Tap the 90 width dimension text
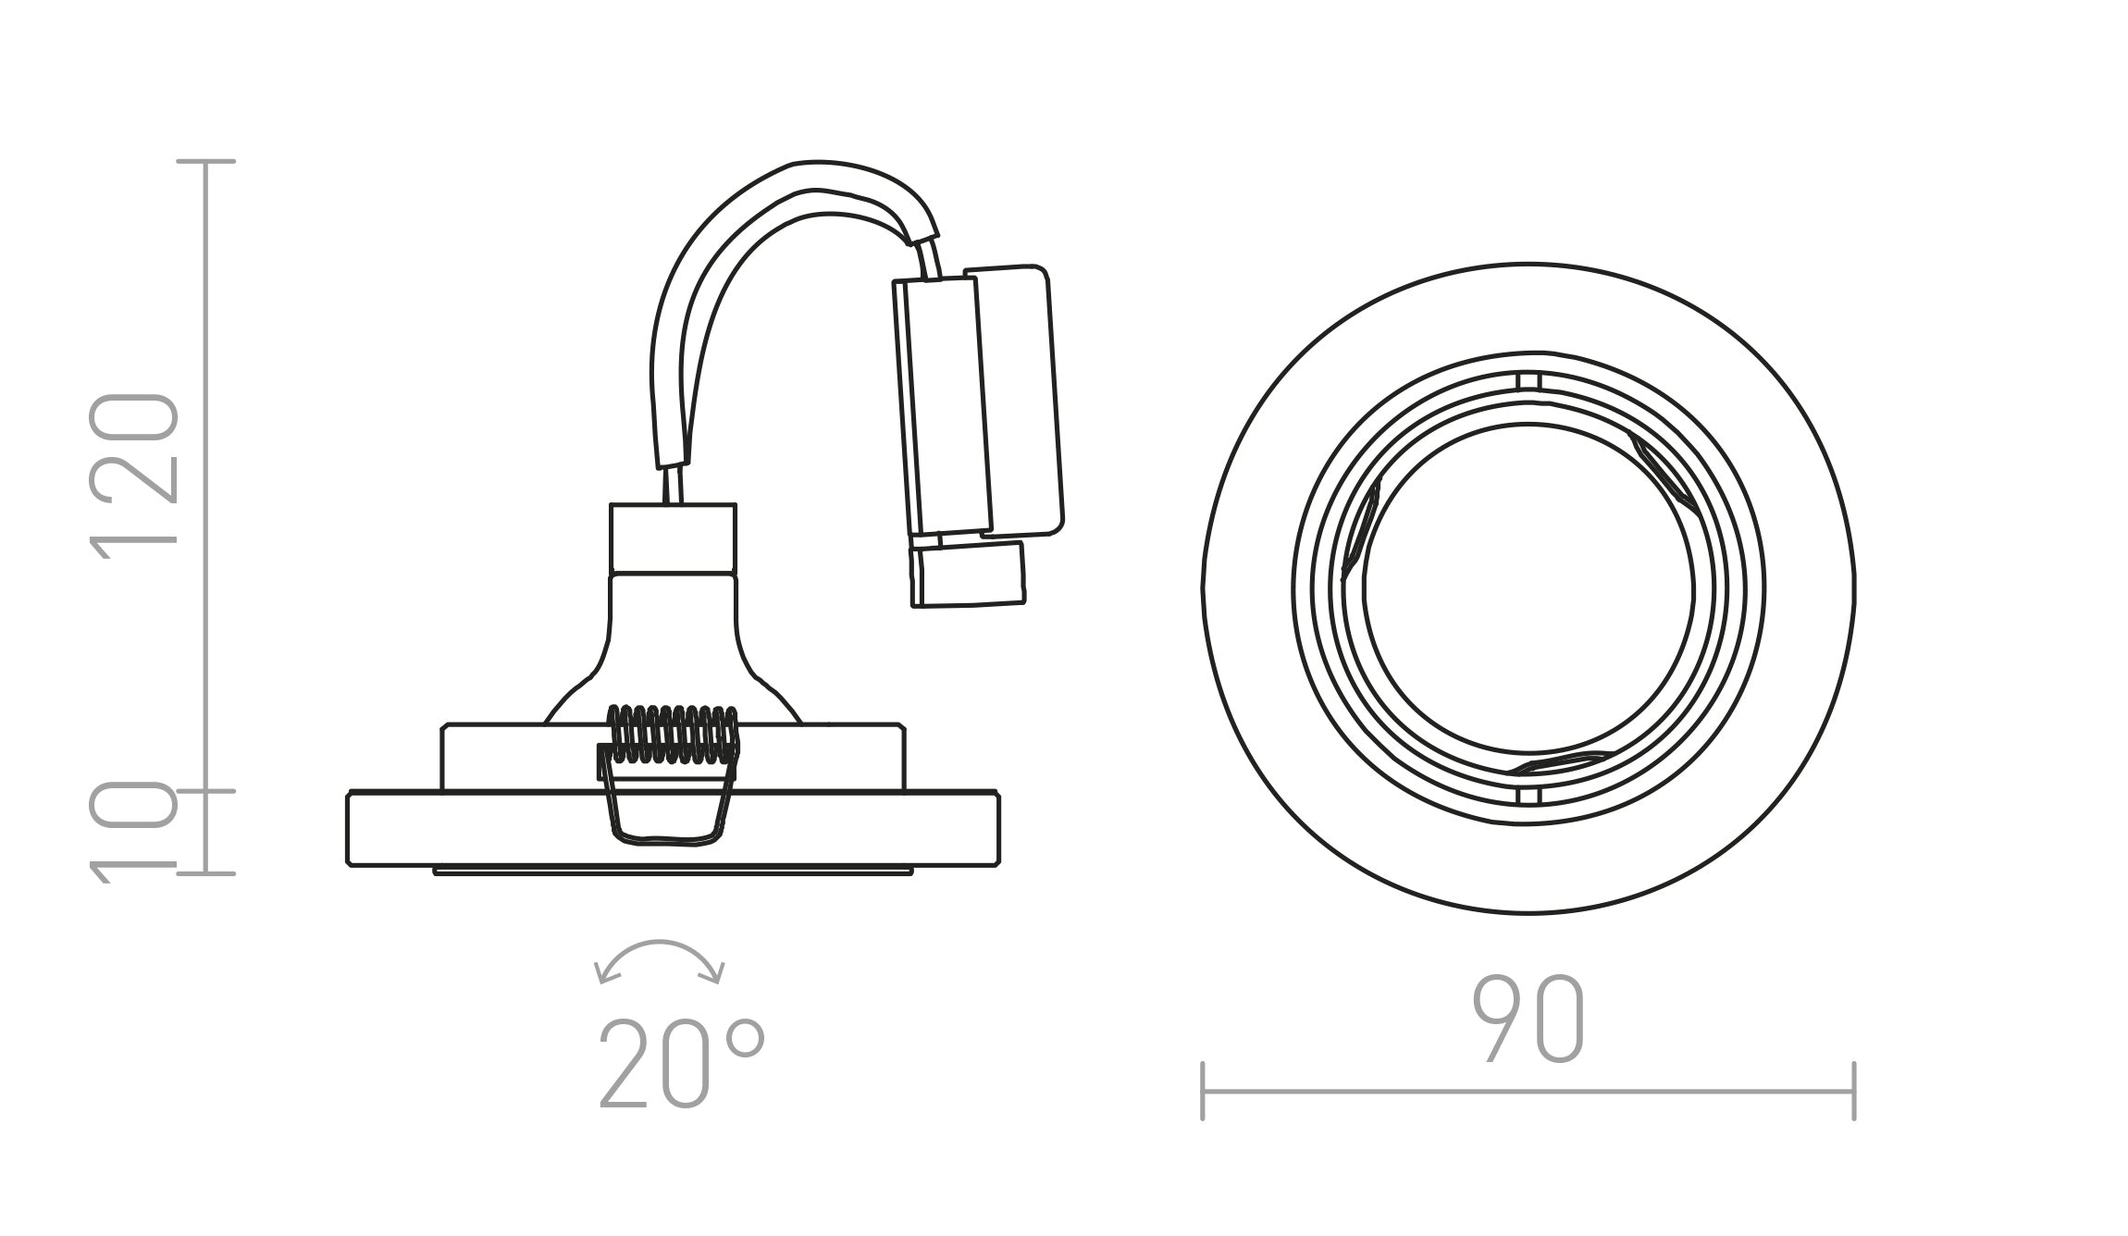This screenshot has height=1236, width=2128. point(1528,1018)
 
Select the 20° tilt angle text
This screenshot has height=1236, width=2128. point(682,1063)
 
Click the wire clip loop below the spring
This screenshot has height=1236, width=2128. point(662,810)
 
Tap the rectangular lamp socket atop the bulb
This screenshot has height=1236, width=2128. point(673,538)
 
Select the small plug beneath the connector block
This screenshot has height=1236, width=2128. point(968,575)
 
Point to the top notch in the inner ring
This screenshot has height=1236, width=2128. point(1528,381)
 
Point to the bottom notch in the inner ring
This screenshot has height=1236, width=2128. point(1528,797)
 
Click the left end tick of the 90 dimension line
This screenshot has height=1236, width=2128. point(1203,1092)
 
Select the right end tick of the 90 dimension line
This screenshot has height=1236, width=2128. point(1854,1092)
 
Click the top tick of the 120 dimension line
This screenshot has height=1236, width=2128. point(206,162)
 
